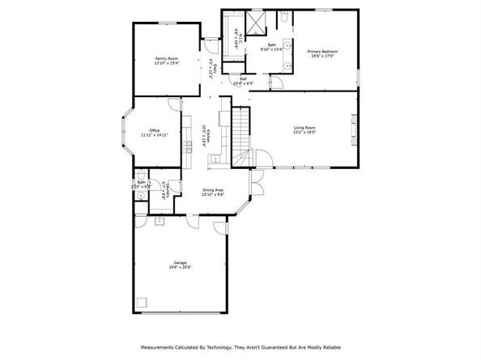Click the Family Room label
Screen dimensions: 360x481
(167, 59)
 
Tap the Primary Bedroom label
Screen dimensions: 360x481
(322, 51)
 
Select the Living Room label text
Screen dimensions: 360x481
(304, 127)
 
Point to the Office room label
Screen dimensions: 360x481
(153, 131)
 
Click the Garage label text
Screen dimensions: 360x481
(180, 262)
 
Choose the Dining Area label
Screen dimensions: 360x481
(213, 189)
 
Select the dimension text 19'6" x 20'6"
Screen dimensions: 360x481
(180, 267)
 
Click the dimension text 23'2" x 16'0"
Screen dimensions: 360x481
(304, 132)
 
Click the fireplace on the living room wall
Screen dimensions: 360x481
(353, 127)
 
